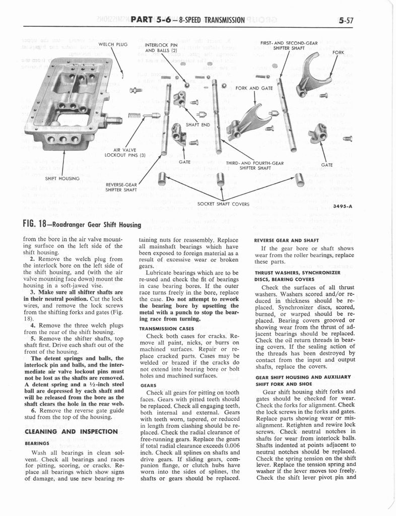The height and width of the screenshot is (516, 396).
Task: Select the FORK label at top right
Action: point(338,52)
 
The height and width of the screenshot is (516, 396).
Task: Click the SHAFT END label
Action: point(198,125)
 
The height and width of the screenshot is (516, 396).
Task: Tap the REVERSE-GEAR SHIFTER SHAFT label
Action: point(120,187)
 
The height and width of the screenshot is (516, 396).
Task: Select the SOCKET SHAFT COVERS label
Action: point(223,204)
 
